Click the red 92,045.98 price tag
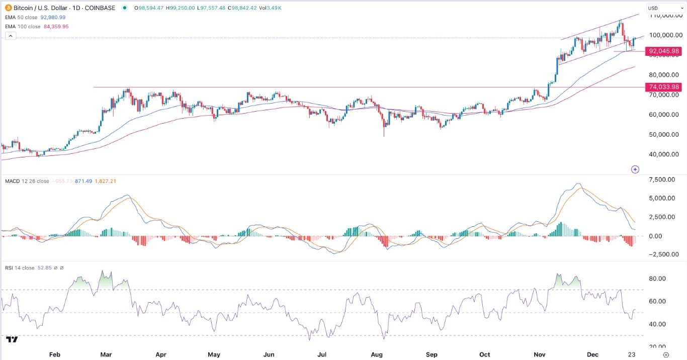(664, 51)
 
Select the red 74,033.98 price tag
(664, 87)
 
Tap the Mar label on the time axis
(106, 354)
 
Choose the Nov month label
(540, 354)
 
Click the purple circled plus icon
(635, 169)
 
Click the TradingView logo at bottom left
(12, 339)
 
